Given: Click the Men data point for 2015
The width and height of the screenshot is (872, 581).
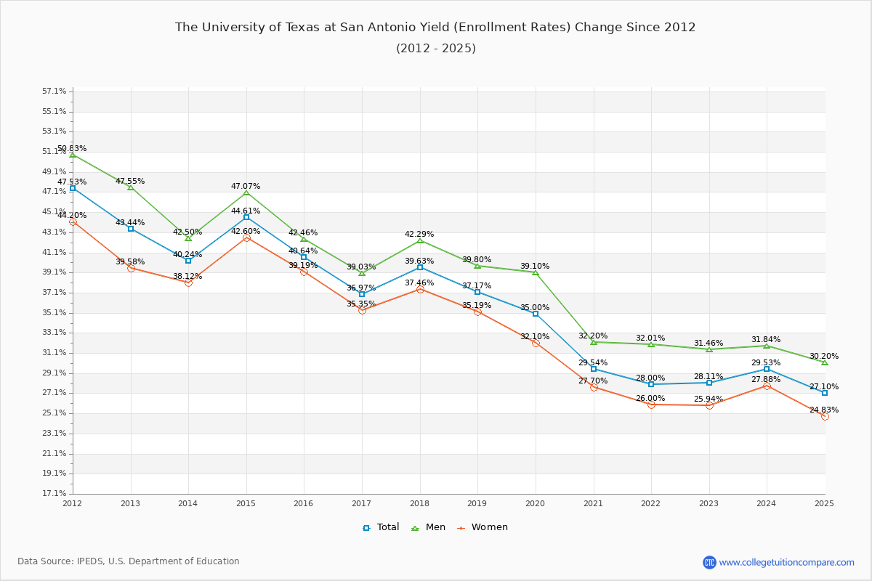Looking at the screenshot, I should point(246,192).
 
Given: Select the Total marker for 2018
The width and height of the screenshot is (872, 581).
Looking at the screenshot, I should point(420,267).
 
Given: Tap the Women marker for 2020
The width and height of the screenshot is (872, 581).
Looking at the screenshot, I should point(536,343).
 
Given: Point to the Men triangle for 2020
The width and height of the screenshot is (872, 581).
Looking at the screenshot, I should point(536,272).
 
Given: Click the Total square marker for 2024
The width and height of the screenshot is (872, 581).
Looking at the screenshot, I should point(767,369).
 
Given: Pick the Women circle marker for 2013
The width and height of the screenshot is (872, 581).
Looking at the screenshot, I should point(131,268).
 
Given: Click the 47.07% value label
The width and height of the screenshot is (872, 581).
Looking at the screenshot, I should point(246,186).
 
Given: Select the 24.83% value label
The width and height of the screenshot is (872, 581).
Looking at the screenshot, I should point(824,410).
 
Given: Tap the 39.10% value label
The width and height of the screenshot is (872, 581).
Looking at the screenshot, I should point(535,266).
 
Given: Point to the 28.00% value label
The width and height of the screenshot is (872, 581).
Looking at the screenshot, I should point(650,378).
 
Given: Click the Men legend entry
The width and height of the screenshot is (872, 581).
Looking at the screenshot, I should point(428,527).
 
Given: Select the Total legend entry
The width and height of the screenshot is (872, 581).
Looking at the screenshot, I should point(381,527).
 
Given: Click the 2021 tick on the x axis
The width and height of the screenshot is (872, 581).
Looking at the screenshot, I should point(593,503).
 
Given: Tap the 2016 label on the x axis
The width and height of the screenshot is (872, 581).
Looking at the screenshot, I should point(304,503).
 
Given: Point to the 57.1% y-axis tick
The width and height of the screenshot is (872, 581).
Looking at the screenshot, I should point(54,92).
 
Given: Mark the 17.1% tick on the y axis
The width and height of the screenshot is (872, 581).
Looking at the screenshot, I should point(54,494).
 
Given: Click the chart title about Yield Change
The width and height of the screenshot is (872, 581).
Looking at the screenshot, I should point(435,28).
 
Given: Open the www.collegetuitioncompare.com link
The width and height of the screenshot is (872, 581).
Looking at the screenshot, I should point(786,562).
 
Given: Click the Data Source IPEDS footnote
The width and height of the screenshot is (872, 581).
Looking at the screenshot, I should point(129,561).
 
